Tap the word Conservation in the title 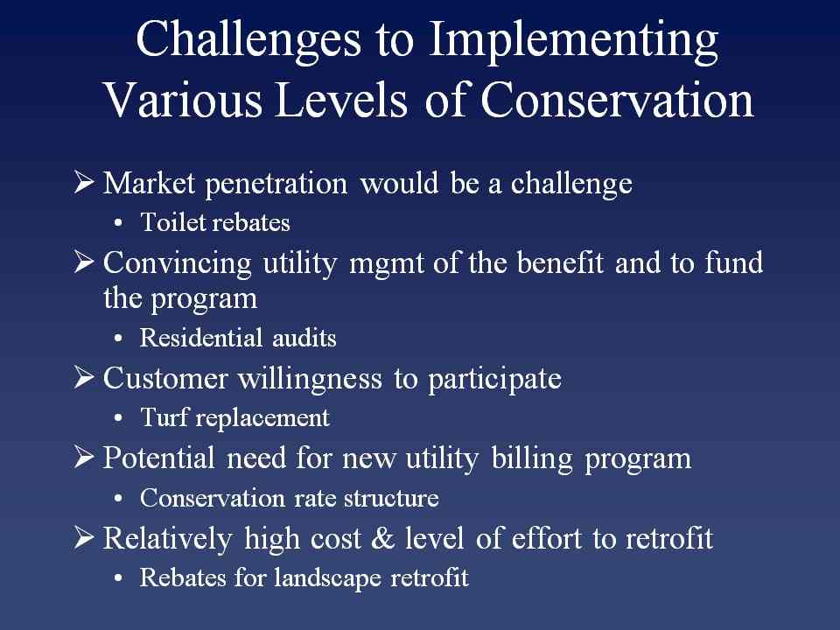point(617,100)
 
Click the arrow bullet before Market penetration point(84,182)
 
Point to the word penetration point(276,185)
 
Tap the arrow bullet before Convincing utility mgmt point(84,262)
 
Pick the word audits point(304,338)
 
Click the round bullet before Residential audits point(118,339)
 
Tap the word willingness point(310,380)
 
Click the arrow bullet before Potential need point(84,457)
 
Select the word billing point(532,459)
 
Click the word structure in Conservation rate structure point(391,498)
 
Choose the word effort point(546,538)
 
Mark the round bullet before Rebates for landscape point(118,578)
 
